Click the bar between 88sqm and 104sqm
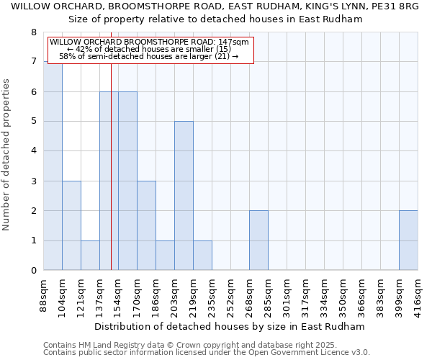[53, 166]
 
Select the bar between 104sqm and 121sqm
[71, 225]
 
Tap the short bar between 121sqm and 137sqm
[90, 256]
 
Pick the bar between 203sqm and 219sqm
[184, 196]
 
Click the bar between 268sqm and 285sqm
[258, 240]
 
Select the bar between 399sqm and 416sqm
[408, 240]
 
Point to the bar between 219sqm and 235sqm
[202, 256]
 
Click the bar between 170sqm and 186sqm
[146, 225]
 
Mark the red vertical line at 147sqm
[111, 180]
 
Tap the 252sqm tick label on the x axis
[230, 295]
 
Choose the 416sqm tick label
[418, 295]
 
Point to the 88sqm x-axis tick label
[43, 295]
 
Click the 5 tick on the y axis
[33, 122]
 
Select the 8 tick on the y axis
[33, 32]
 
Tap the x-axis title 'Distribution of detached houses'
[230, 326]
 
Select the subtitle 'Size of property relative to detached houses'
[215, 19]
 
